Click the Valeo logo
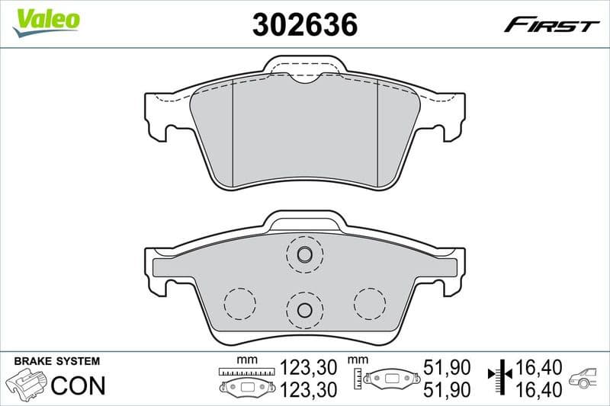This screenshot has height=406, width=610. click(x=46, y=18)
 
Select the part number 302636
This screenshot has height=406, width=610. click(x=304, y=24)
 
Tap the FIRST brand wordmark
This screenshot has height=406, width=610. click(x=551, y=25)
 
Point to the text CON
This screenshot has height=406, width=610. click(x=77, y=385)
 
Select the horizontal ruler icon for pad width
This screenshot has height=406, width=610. click(x=246, y=371)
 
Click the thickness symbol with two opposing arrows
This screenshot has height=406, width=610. click(x=500, y=377)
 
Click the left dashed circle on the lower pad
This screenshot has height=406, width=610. click(x=239, y=303)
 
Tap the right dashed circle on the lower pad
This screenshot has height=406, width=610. click(x=370, y=303)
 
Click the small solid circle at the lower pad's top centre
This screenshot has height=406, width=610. click(x=304, y=254)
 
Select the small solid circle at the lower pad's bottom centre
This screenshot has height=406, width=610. click(x=304, y=309)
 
